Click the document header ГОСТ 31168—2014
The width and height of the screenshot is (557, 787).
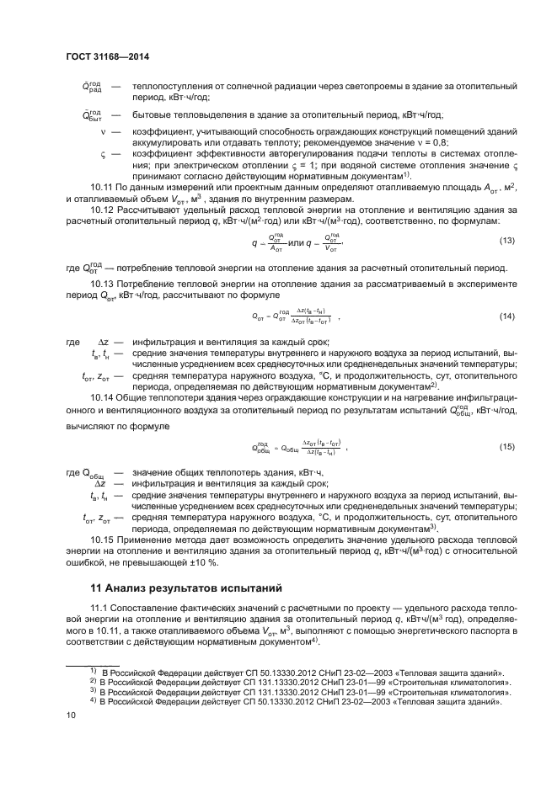coord(114,58)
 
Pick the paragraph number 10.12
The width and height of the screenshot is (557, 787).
coord(102,208)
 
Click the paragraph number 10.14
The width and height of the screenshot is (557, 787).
coord(102,396)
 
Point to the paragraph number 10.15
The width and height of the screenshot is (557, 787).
coord(102,540)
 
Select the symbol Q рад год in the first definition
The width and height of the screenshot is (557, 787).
coord(92,88)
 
